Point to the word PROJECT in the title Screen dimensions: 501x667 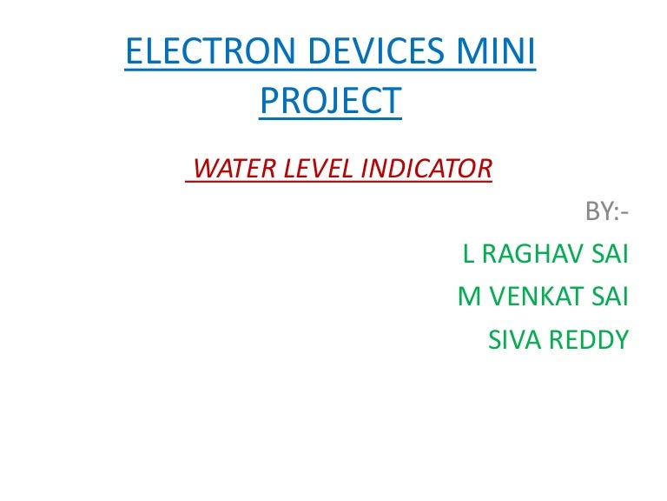(x=331, y=101)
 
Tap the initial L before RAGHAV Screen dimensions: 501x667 (x=469, y=254)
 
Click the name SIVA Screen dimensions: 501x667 (x=515, y=339)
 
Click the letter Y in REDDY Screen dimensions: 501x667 (x=620, y=339)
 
